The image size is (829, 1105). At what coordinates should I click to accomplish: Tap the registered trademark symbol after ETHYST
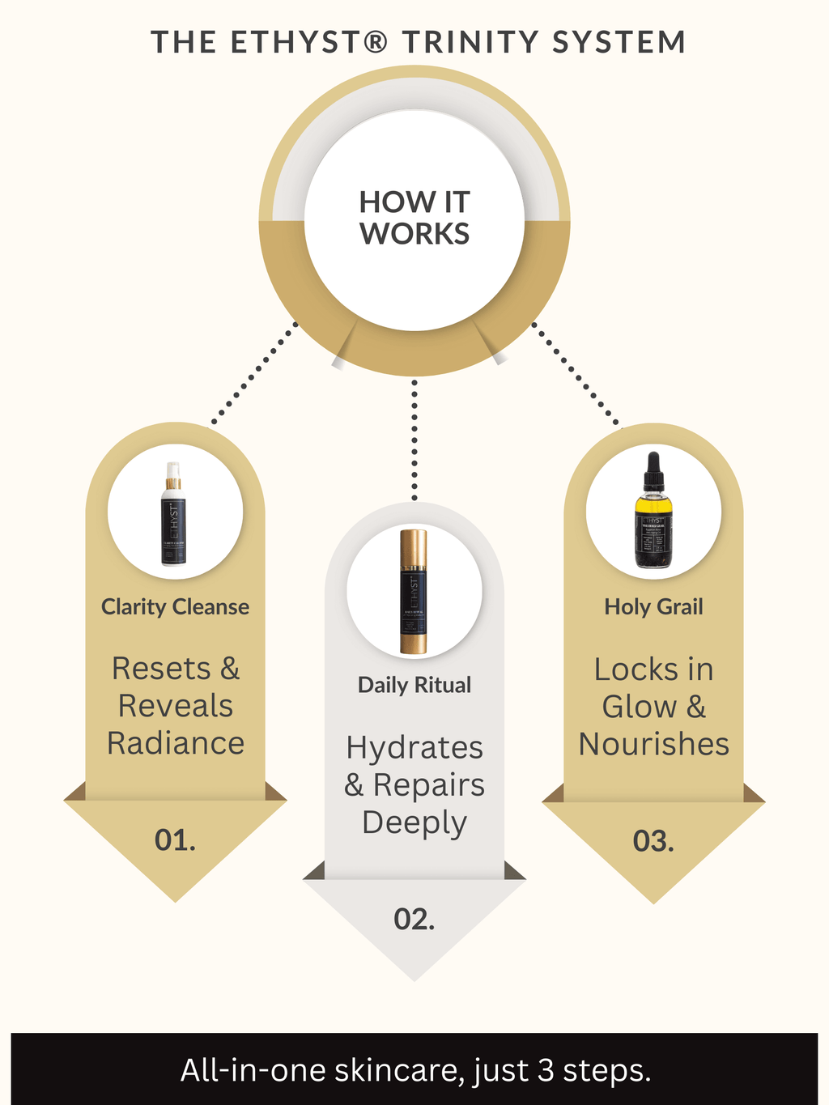coord(376,41)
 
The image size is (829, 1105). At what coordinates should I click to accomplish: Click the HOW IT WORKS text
coord(414,218)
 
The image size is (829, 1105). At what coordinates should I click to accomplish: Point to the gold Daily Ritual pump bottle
coord(414,591)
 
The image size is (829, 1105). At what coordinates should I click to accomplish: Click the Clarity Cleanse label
coord(175,606)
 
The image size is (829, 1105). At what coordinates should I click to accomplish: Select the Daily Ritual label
coord(414,685)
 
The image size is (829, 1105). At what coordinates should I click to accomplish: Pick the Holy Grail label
coord(653,606)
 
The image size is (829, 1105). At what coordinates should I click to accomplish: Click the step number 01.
coord(175,840)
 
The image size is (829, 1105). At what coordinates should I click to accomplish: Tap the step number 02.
coord(414,919)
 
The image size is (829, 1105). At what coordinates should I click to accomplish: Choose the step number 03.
coord(653,841)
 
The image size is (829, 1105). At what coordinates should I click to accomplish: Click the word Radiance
coord(176,743)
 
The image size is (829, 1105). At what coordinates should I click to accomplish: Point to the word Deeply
coord(414,822)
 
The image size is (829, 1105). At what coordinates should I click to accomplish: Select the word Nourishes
coord(654,744)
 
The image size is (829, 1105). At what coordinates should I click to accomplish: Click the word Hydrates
coord(414,747)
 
